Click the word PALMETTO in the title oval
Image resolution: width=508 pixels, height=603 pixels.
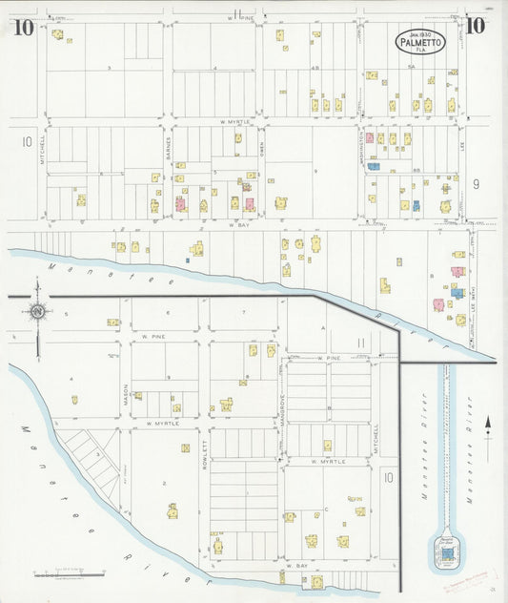pos(420,43)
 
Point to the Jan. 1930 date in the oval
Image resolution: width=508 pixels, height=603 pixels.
pos(420,33)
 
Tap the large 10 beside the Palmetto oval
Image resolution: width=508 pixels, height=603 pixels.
pos(475,27)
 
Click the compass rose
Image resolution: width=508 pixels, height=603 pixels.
pos(36,311)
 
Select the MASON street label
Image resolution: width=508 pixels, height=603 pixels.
pos(125,395)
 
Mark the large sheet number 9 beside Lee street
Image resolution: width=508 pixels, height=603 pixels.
pos(476,181)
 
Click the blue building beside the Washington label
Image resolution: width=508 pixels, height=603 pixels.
pos(374,166)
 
